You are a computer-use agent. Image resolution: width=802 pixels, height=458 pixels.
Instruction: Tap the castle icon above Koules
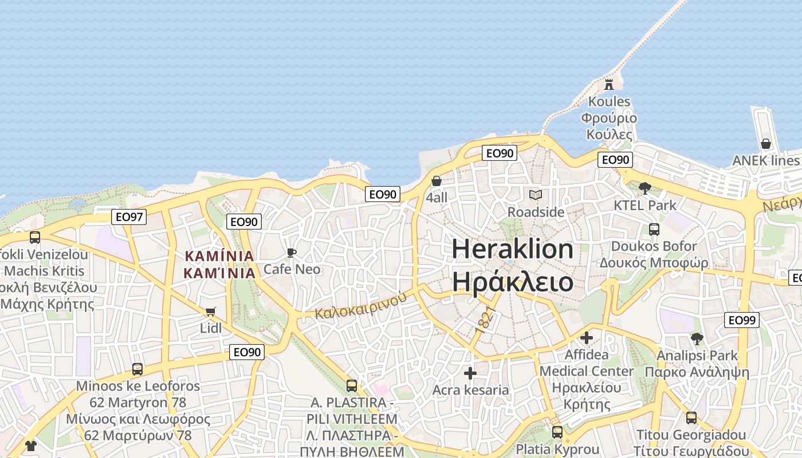609,85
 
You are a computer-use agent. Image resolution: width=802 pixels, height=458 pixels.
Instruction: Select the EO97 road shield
129,217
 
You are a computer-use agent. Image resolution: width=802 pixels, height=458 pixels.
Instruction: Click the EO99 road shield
742,320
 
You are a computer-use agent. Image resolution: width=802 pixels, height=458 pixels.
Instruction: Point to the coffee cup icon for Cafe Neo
292,252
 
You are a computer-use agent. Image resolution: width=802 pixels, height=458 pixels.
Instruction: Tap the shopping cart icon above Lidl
210,312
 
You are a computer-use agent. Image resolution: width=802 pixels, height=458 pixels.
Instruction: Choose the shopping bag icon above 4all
437,181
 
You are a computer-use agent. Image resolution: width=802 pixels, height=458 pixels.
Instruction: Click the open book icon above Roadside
536,195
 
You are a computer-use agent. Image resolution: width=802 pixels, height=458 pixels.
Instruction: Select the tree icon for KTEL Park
645,188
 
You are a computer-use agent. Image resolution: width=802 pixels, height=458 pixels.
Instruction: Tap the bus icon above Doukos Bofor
654,230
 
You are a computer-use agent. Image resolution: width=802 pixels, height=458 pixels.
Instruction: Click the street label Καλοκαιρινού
361,306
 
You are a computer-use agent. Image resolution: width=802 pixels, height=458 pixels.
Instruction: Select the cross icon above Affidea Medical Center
587,338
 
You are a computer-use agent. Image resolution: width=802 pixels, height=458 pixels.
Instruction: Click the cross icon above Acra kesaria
470,374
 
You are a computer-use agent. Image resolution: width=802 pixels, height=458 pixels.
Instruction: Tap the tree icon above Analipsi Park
697,339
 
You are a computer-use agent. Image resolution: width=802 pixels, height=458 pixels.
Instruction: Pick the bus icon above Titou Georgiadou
691,418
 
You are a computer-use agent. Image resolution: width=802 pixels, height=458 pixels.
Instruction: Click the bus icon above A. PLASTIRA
352,386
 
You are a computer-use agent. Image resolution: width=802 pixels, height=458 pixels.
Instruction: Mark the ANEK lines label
765,160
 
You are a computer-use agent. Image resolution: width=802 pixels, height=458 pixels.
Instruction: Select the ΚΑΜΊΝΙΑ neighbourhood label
219,264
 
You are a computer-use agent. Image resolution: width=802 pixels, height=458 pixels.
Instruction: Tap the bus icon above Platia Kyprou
557,432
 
